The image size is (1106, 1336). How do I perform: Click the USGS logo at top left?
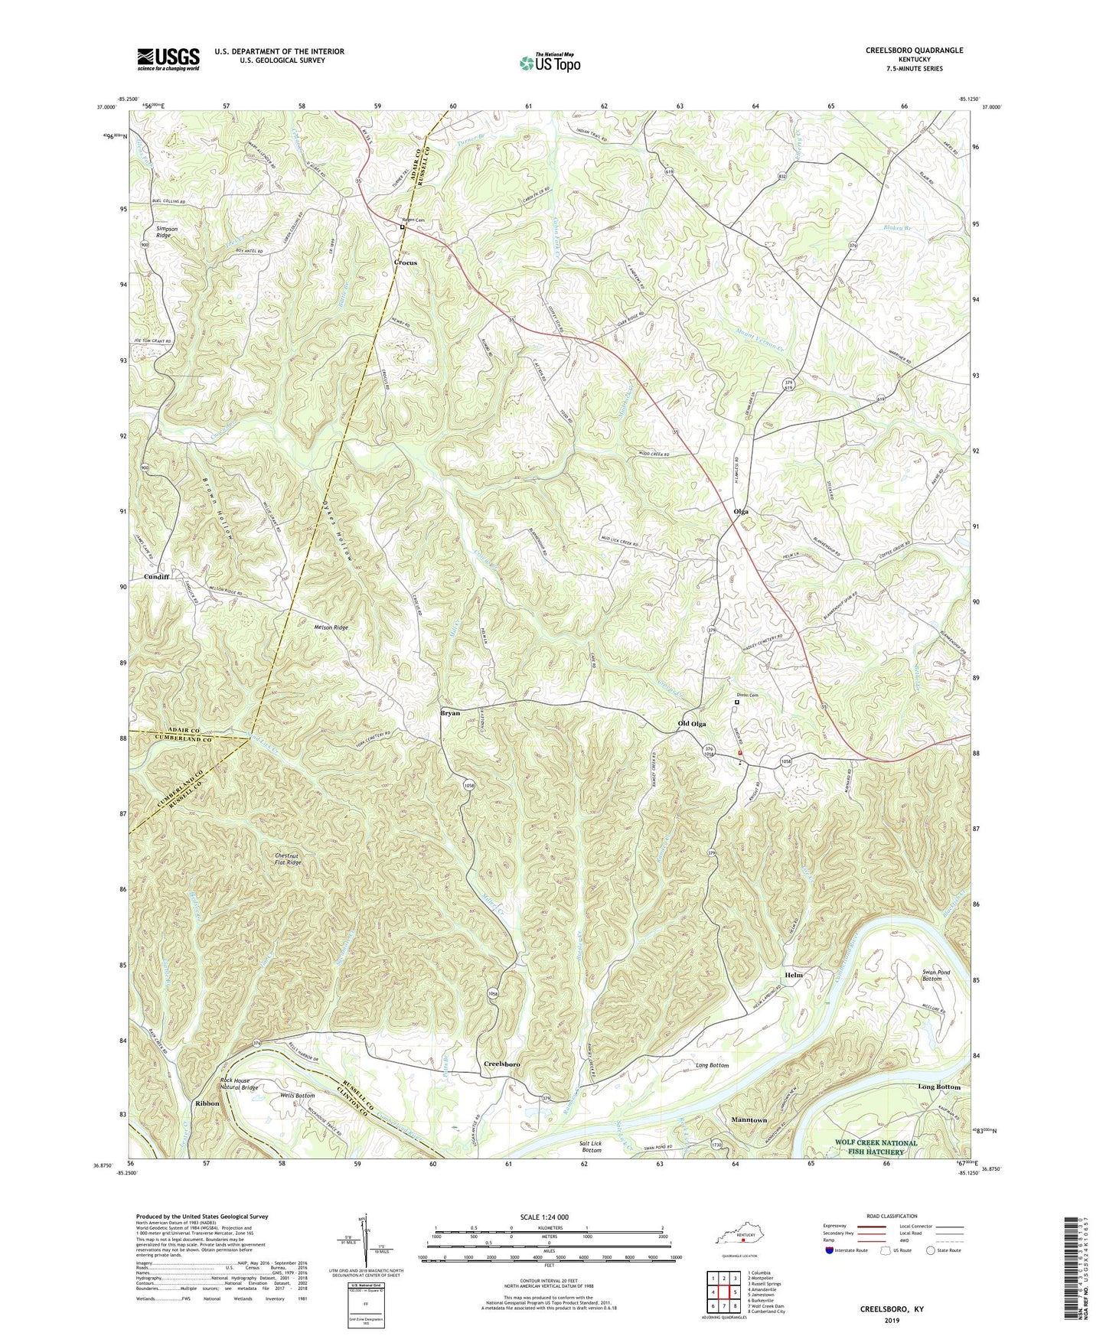coord(168,58)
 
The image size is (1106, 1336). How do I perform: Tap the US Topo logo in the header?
coord(550,64)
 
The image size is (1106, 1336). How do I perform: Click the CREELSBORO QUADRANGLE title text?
coord(915,51)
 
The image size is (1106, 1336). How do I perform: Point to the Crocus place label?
coord(406,262)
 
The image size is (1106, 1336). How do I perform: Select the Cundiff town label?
coord(157,576)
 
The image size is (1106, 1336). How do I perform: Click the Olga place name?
coord(741,511)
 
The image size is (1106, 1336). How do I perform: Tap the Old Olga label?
coord(692,723)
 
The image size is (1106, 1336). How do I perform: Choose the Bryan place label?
coord(450,712)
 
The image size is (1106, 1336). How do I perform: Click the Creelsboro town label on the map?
coord(502,1064)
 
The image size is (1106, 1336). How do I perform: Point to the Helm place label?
coord(794,976)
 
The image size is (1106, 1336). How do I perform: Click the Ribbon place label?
coord(207,1103)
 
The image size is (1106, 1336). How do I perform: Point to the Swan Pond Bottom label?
coord(936,976)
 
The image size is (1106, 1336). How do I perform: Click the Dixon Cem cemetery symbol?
coord(738,702)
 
